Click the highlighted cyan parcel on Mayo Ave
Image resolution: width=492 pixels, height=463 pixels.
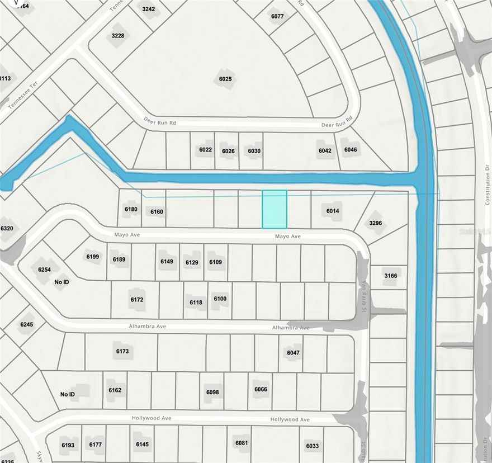point(275,209)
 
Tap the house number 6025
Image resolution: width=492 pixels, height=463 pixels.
point(225,79)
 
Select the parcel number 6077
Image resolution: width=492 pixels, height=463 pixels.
point(277,16)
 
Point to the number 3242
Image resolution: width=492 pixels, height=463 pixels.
point(149,10)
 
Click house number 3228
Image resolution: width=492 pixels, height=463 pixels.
point(118,36)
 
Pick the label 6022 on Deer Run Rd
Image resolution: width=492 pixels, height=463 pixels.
point(205,150)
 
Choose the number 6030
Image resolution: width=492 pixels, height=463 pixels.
point(254,151)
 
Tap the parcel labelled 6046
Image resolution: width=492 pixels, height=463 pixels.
point(351,149)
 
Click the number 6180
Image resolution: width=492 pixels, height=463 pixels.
point(131,209)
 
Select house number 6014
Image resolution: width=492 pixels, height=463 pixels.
point(333,211)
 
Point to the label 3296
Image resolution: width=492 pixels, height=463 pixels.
point(376,223)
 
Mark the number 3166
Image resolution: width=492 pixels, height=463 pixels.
point(390,276)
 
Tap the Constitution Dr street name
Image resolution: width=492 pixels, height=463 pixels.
point(487,185)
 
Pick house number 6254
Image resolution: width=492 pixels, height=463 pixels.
point(45,270)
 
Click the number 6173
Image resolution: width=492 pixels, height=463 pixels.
point(122,351)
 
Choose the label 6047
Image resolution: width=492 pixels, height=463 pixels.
point(294,353)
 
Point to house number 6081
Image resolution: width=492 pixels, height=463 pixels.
point(242,443)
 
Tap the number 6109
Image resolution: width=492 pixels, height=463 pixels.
point(215,262)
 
